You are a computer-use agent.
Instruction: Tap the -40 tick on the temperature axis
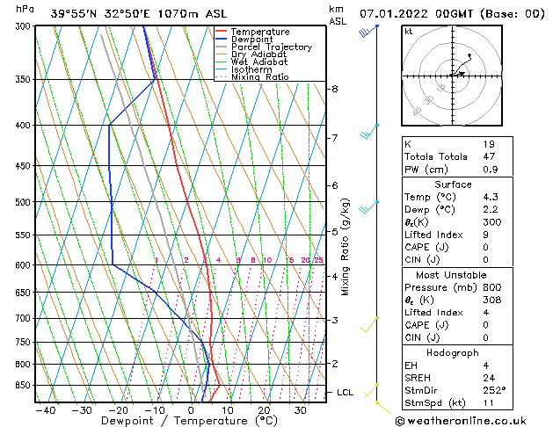(45, 409)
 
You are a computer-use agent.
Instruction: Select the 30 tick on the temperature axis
(301, 409)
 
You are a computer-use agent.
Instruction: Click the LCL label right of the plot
(345, 392)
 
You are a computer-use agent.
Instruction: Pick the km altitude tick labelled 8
(335, 89)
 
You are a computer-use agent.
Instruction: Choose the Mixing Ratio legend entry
(259, 77)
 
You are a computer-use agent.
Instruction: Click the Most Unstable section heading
(453, 274)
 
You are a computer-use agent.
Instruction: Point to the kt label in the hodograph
(408, 31)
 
